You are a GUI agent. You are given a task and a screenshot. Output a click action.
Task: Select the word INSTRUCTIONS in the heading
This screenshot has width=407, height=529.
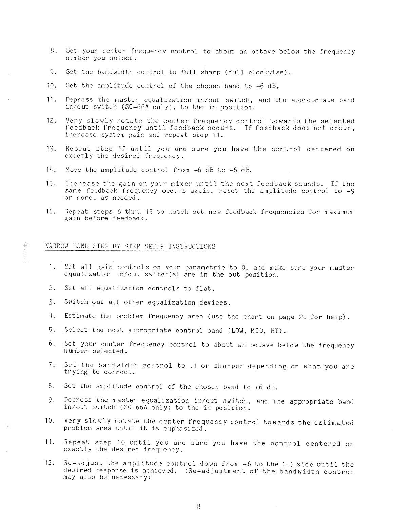(x=192, y=246)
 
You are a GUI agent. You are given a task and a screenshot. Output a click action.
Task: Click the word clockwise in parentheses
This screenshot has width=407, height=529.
(x=269, y=72)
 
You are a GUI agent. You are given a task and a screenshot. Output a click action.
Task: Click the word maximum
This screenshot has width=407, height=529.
(x=339, y=212)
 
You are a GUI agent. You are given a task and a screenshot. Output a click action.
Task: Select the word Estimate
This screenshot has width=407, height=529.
(x=80, y=317)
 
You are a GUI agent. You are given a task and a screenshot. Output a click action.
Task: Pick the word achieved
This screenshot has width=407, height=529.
(x=158, y=471)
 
